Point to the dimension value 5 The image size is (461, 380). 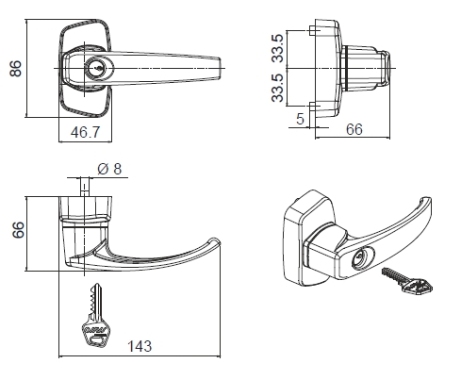[299, 120]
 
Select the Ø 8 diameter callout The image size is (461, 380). [111, 170]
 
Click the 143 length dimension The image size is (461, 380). [139, 346]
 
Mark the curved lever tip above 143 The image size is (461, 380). [213, 247]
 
